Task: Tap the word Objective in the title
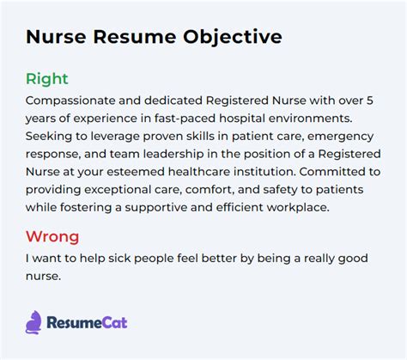[234, 38]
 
